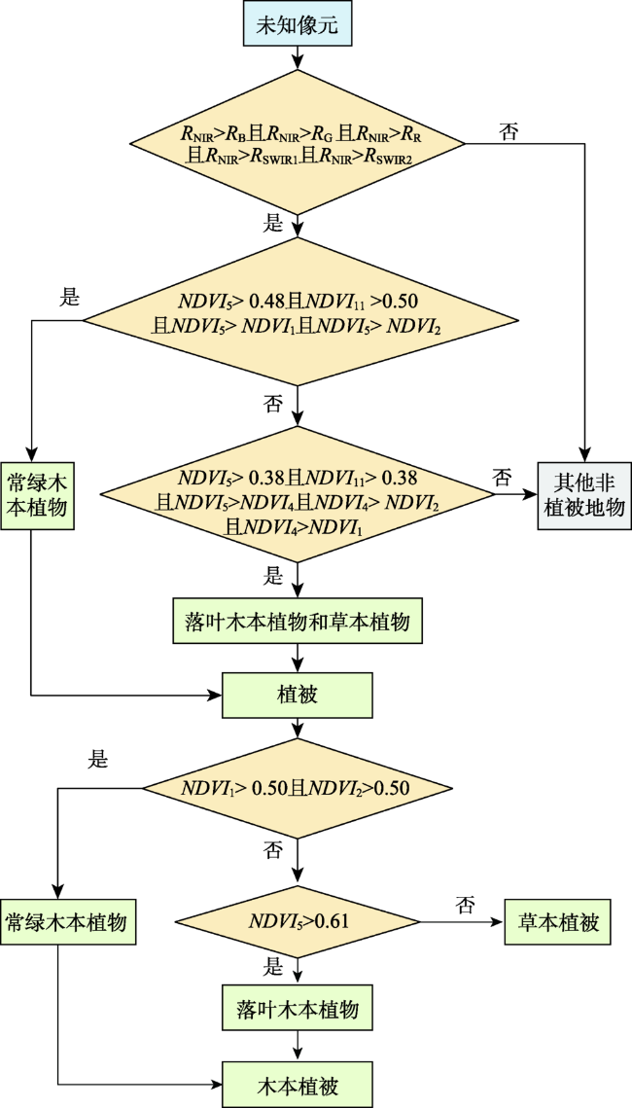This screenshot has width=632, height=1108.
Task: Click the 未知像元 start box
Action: [298, 26]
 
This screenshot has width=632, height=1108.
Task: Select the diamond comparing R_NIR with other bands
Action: [298, 143]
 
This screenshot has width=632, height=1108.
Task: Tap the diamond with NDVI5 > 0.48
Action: [298, 311]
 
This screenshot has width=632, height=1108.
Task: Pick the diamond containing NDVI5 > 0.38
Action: [298, 494]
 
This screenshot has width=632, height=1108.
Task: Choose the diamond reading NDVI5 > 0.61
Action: [298, 921]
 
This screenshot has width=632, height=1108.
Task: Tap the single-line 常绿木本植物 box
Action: [68, 922]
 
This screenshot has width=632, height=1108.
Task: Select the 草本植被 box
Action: [557, 921]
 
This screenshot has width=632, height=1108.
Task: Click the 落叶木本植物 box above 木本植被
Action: [298, 1009]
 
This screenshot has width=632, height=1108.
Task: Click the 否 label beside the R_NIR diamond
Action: [509, 131]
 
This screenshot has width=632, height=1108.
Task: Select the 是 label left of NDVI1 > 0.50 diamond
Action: [96, 761]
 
